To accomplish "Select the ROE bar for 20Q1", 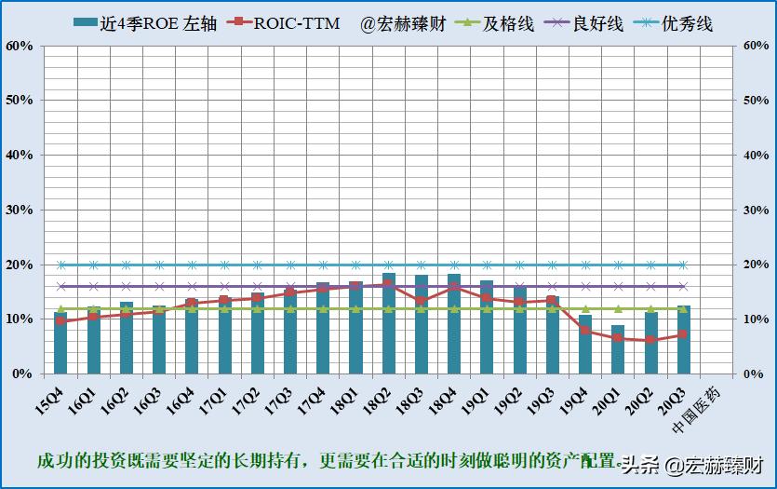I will [618, 350].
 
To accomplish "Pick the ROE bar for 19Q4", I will [585, 345].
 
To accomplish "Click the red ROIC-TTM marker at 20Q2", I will [650, 340].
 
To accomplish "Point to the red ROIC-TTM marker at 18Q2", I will [389, 284].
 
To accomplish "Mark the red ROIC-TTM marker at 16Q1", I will [93, 317].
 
